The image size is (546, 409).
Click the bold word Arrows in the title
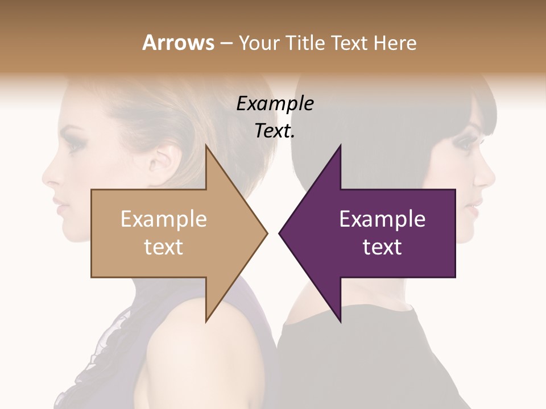click(179, 43)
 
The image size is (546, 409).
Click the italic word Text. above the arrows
click(275, 132)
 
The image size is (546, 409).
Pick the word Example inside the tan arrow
click(164, 219)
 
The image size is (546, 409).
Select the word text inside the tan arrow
click(164, 247)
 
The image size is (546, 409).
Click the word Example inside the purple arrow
click(382, 219)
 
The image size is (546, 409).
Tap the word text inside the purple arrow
click(382, 247)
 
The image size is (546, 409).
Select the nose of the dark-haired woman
click(489, 177)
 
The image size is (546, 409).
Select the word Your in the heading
click(260, 43)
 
